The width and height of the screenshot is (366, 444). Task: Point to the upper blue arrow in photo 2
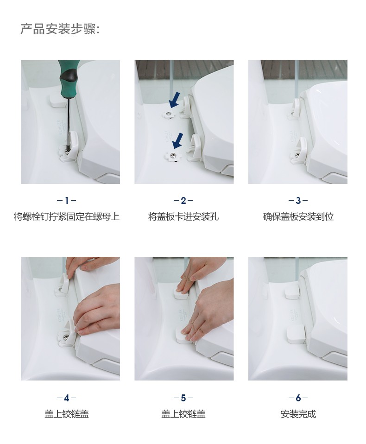(x=174, y=100)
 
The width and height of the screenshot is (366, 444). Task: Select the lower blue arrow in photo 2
(x=178, y=141)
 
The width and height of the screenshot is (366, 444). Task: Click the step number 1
(x=67, y=201)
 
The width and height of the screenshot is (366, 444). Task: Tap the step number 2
(x=183, y=201)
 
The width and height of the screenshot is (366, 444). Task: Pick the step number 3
(x=298, y=201)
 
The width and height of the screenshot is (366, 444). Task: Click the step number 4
(x=67, y=398)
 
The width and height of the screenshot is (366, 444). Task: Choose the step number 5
(x=183, y=398)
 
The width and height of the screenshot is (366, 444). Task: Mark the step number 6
(x=298, y=398)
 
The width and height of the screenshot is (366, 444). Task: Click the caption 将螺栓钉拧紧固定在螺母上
(x=67, y=216)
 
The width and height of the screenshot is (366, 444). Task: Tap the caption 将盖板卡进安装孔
(x=183, y=216)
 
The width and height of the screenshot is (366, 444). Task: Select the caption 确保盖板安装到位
(x=298, y=216)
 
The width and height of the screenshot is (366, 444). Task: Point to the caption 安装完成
(x=298, y=414)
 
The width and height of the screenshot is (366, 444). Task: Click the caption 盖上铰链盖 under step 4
(x=67, y=414)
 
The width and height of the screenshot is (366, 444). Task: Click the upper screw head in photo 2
(x=168, y=114)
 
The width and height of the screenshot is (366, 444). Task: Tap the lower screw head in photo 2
(x=172, y=156)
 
